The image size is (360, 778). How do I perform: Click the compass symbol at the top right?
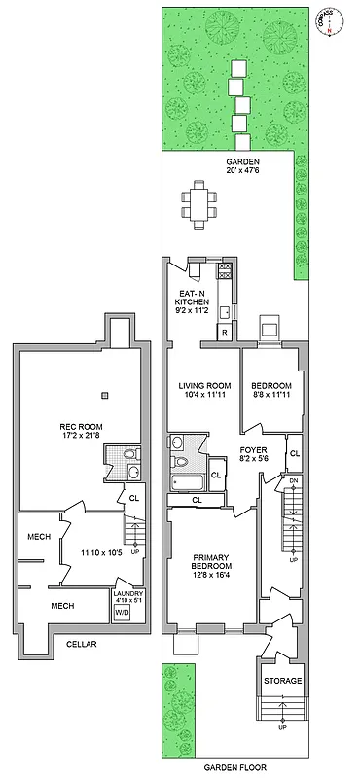point(328,21)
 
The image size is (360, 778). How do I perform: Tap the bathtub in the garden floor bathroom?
point(188,482)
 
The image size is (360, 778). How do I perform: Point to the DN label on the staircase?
point(293,482)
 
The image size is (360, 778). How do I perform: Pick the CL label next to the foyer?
point(294,454)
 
